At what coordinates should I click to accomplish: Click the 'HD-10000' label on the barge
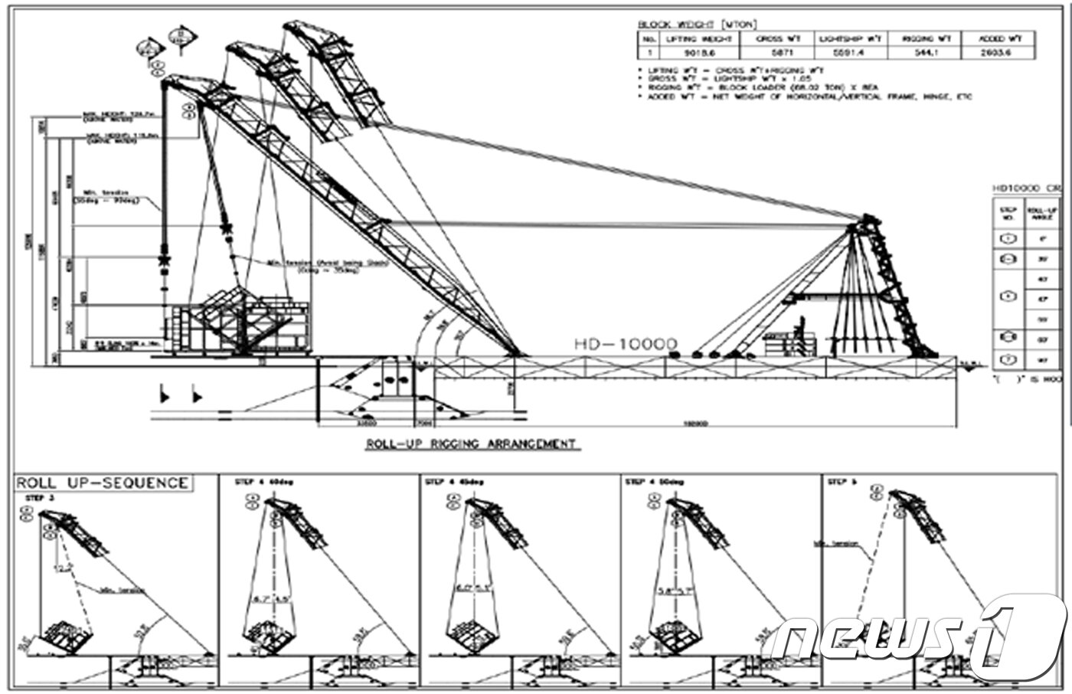(626, 345)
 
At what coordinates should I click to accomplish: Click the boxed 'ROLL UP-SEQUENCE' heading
(102, 483)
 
